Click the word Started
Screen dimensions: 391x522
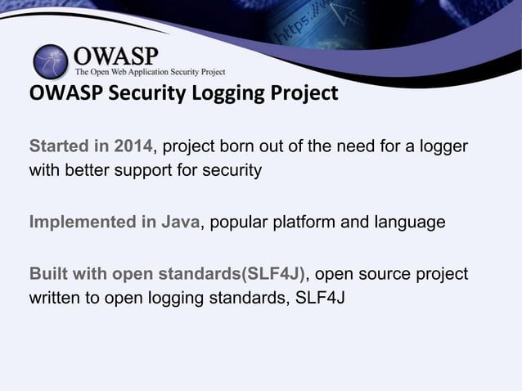pos(60,147)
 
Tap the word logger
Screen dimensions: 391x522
pos(443,147)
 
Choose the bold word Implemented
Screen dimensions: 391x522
pos(82,222)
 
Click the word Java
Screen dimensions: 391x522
pos(182,222)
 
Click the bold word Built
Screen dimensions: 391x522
pos(46,273)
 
